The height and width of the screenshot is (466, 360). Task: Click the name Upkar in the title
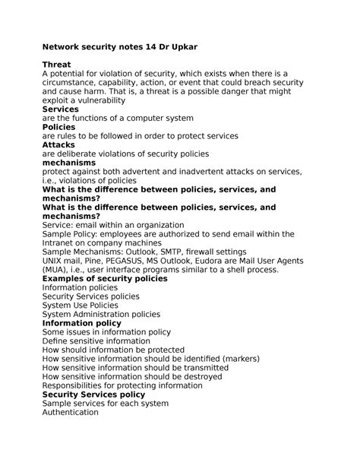point(182,47)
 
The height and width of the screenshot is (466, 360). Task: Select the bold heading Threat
point(56,65)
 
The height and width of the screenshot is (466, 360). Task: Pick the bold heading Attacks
point(59,144)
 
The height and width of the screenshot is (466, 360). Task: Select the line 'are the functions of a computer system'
point(118,118)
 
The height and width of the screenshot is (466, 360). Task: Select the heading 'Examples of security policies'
point(105,279)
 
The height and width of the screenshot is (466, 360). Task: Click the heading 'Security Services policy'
point(93,395)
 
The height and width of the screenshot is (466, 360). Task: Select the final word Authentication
point(70,412)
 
